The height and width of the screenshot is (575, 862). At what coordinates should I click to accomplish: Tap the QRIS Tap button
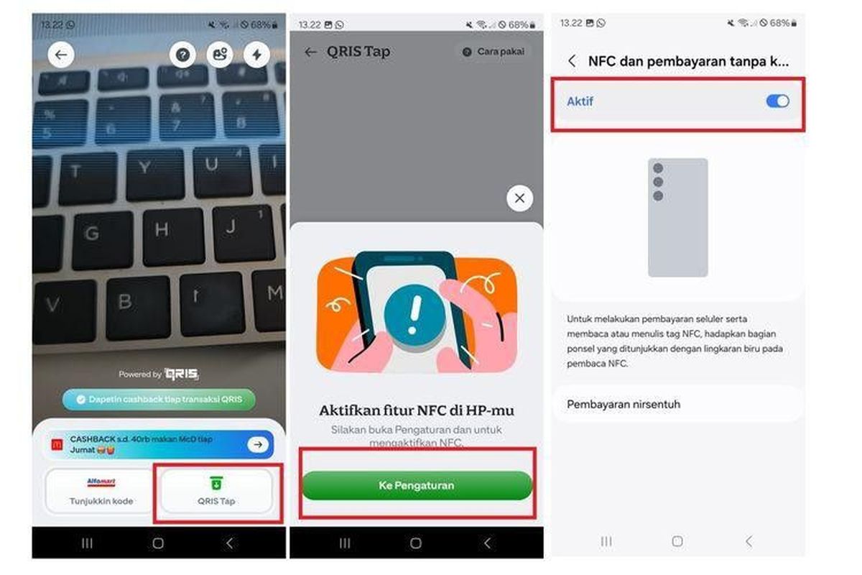tap(216, 491)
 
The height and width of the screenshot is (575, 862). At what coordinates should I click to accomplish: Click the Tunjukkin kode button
tap(101, 491)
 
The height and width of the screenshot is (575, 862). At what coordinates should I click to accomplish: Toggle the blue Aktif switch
tap(777, 101)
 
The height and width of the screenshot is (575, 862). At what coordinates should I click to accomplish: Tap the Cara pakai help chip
tap(493, 52)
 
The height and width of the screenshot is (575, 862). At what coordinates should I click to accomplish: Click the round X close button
tap(519, 198)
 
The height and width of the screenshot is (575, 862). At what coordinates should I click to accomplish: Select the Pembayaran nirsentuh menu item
tap(677, 404)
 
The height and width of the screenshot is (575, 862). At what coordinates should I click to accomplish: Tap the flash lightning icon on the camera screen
tap(256, 55)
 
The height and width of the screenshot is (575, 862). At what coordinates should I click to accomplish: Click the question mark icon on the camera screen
tap(183, 55)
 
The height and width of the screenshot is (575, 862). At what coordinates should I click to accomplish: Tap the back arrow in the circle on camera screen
tap(61, 55)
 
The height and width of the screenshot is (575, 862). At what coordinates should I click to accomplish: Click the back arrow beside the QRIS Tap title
tap(310, 52)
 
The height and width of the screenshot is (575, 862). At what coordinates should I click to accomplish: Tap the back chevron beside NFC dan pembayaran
tap(572, 62)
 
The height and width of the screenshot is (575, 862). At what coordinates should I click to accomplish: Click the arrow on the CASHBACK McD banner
tap(258, 445)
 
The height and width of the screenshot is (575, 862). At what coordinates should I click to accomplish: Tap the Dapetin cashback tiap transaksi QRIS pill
tap(159, 400)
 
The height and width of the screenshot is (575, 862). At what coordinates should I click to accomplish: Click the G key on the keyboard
tap(91, 234)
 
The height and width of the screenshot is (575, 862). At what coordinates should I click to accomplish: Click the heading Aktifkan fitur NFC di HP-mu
tap(417, 410)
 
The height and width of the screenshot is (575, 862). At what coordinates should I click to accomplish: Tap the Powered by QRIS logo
tap(159, 374)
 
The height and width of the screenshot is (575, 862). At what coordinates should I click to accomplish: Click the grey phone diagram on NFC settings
tap(677, 218)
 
